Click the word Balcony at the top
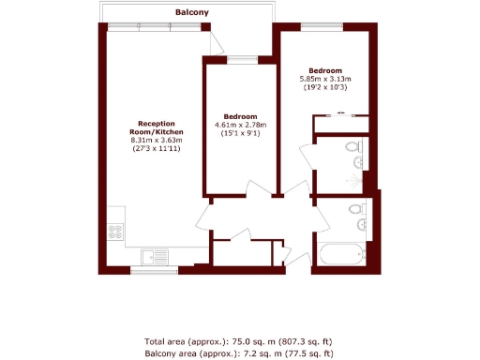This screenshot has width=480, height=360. (x=192, y=12)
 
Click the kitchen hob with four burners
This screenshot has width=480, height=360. (x=118, y=231)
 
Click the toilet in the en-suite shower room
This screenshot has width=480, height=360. (x=352, y=146)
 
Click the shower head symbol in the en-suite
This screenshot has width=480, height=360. (x=358, y=170)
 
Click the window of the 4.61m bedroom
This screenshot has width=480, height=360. (x=242, y=60)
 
